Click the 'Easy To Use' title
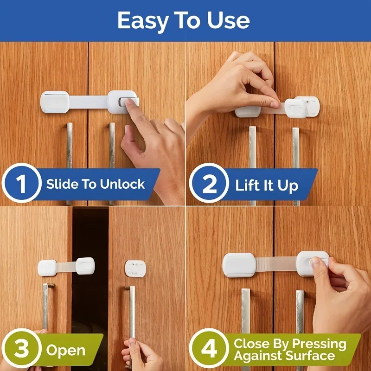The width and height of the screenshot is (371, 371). point(184,20)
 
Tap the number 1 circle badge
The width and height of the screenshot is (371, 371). point(21,184)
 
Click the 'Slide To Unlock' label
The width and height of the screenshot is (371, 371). point(96,184)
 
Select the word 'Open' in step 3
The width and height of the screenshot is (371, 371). point(65,350)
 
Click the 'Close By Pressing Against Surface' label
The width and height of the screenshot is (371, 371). point(290,350)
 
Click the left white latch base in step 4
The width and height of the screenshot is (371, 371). point(239,265)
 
